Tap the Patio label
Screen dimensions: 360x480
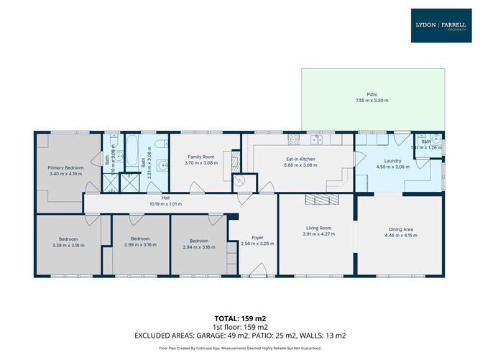tap(371, 94)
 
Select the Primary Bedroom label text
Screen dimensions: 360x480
tap(66, 167)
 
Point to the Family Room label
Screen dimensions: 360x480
tap(201, 157)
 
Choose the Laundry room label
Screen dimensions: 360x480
tap(392, 161)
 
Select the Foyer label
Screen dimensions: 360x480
tap(257, 237)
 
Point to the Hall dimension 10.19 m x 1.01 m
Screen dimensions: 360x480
tap(166, 204)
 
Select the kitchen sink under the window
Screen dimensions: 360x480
tap(316, 138)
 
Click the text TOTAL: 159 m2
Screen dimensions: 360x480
tap(240, 317)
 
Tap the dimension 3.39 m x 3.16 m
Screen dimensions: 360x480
tap(69, 245)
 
